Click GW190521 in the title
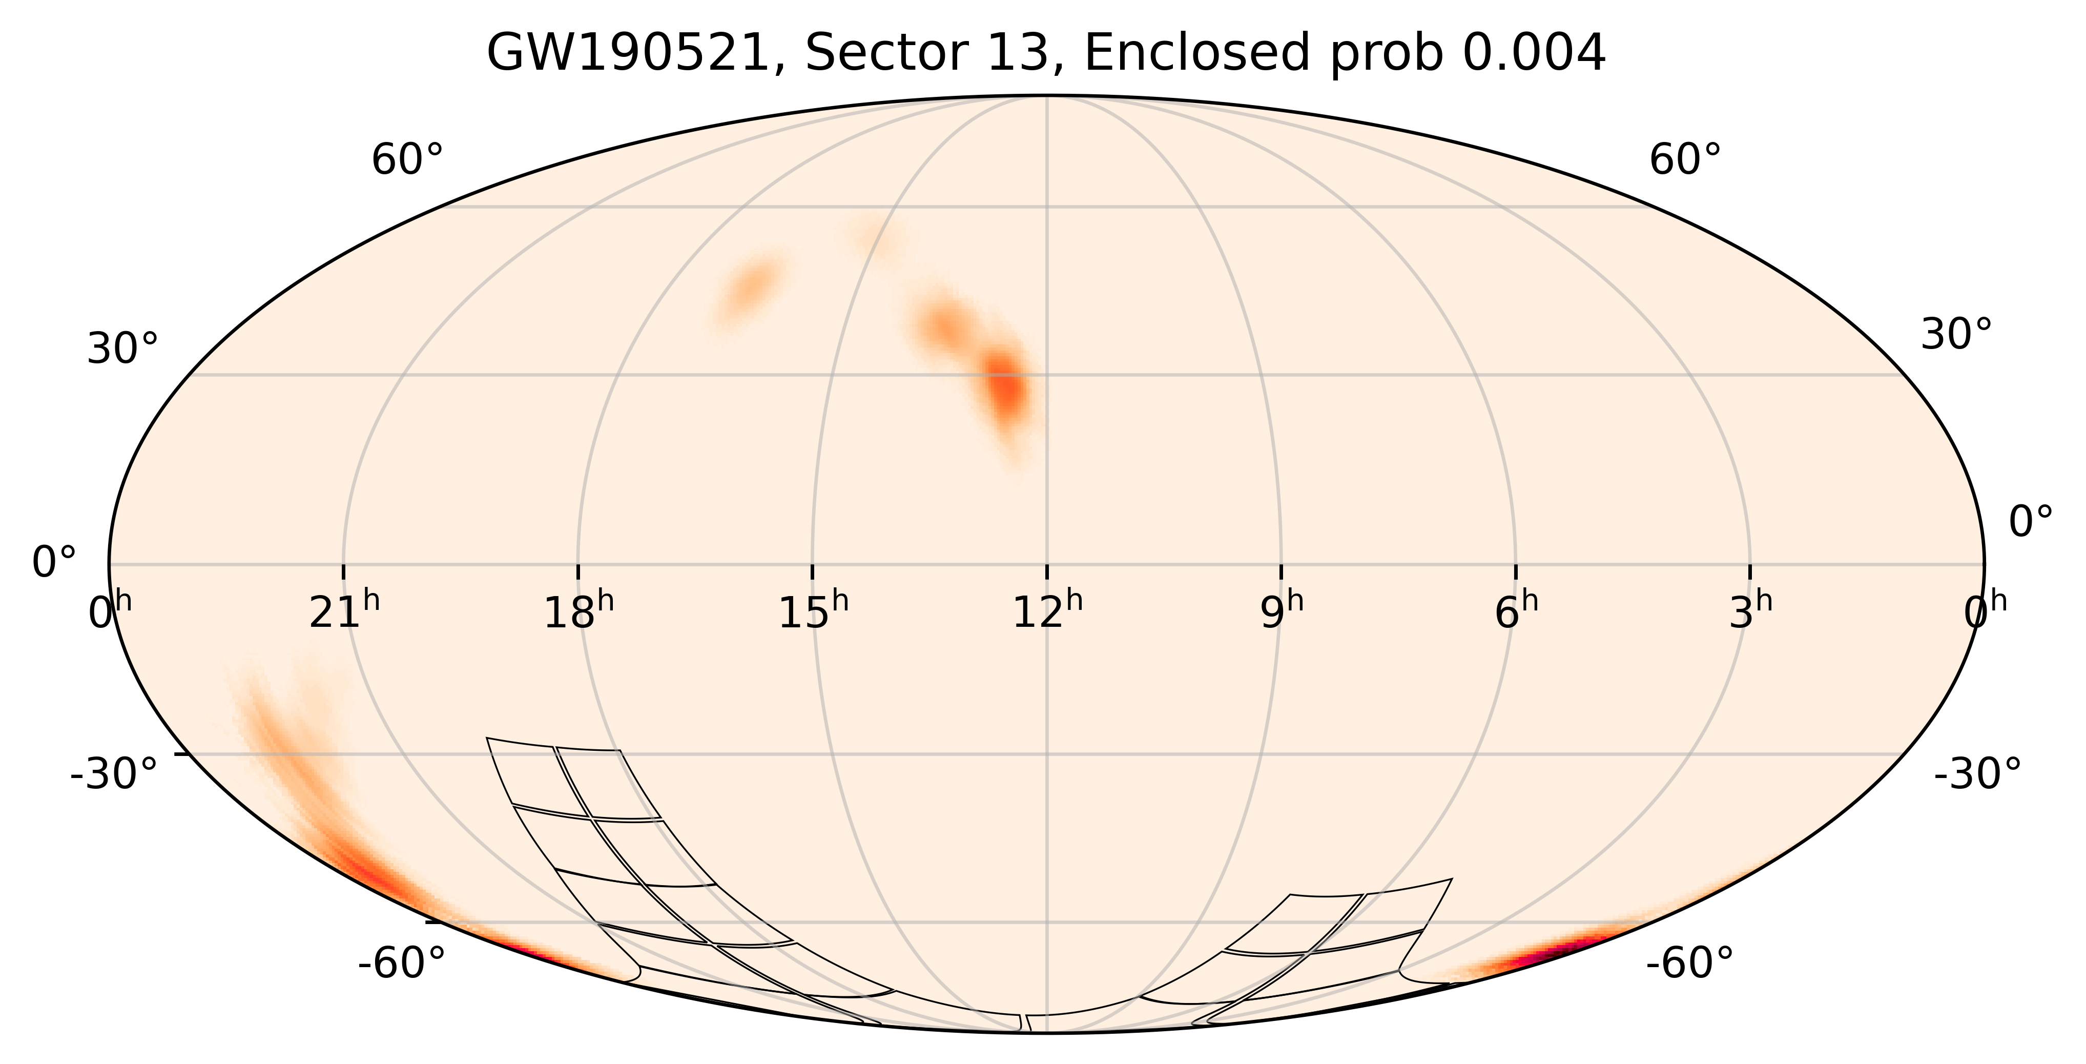coord(632,55)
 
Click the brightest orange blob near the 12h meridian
coord(1006,387)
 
